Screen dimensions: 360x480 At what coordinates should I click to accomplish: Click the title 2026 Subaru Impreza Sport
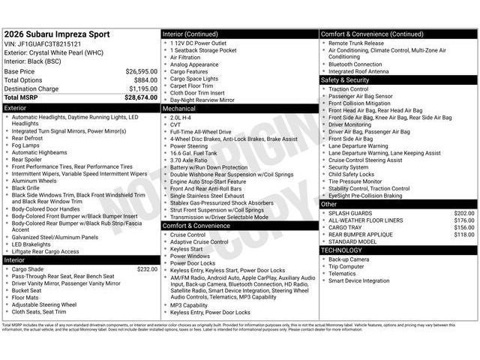pyautogui.click(x=57, y=34)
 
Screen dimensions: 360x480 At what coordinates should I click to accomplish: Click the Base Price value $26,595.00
pyautogui.click(x=141, y=71)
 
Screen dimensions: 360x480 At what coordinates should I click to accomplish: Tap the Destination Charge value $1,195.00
pyautogui.click(x=142, y=88)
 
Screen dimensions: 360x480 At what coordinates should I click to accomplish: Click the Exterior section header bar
pyautogui.click(x=81, y=108)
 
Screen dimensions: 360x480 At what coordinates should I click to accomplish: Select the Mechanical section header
pyautogui.click(x=239, y=108)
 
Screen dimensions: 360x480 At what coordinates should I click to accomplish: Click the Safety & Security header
pyautogui.click(x=397, y=79)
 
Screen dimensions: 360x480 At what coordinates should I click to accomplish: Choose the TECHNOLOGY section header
pyautogui.click(x=397, y=250)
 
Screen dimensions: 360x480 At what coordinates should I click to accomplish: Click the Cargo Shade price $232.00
pyautogui.click(x=147, y=268)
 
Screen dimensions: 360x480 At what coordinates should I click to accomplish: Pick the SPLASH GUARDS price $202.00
pyautogui.click(x=464, y=213)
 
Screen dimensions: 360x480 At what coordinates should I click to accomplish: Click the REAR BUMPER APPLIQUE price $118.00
pyautogui.click(x=464, y=235)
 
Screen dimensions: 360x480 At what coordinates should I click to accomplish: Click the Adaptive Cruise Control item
pyautogui.click(x=199, y=241)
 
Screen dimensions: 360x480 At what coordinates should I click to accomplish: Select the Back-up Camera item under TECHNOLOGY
pyautogui.click(x=349, y=259)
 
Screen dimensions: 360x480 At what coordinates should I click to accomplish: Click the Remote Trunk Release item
pyautogui.click(x=357, y=43)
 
